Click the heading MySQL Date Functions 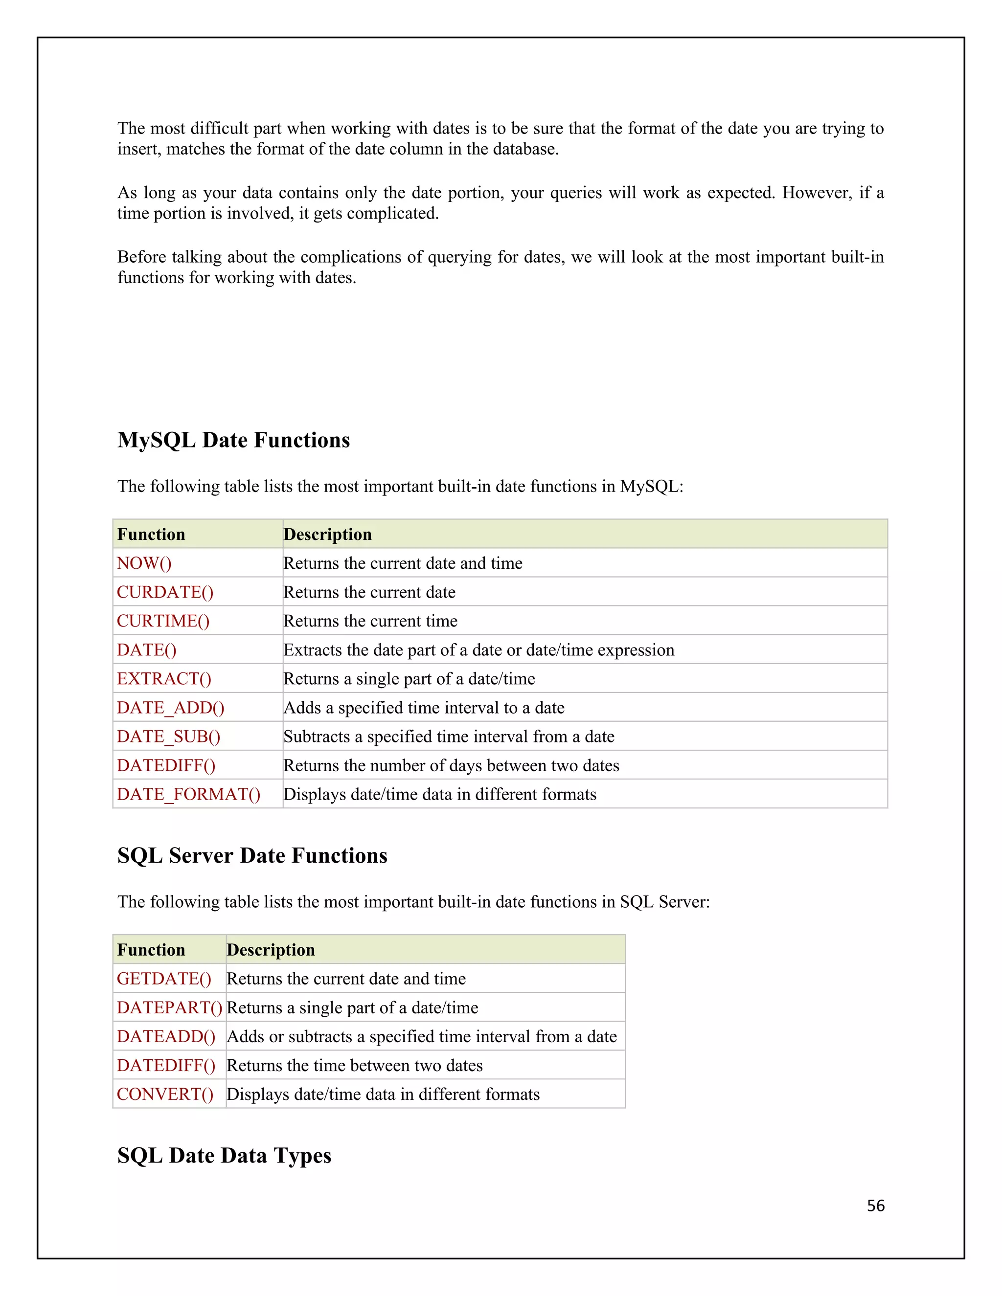click(233, 440)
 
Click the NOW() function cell click(144, 563)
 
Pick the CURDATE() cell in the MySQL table click(165, 592)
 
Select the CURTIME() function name click(163, 621)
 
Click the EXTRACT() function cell click(164, 679)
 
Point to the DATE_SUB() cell click(169, 737)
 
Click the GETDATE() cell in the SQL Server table click(164, 979)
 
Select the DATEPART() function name click(169, 1007)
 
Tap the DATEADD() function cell click(166, 1036)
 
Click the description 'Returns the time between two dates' click(354, 1065)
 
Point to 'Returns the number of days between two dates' click(451, 765)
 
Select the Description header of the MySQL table click(328, 534)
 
